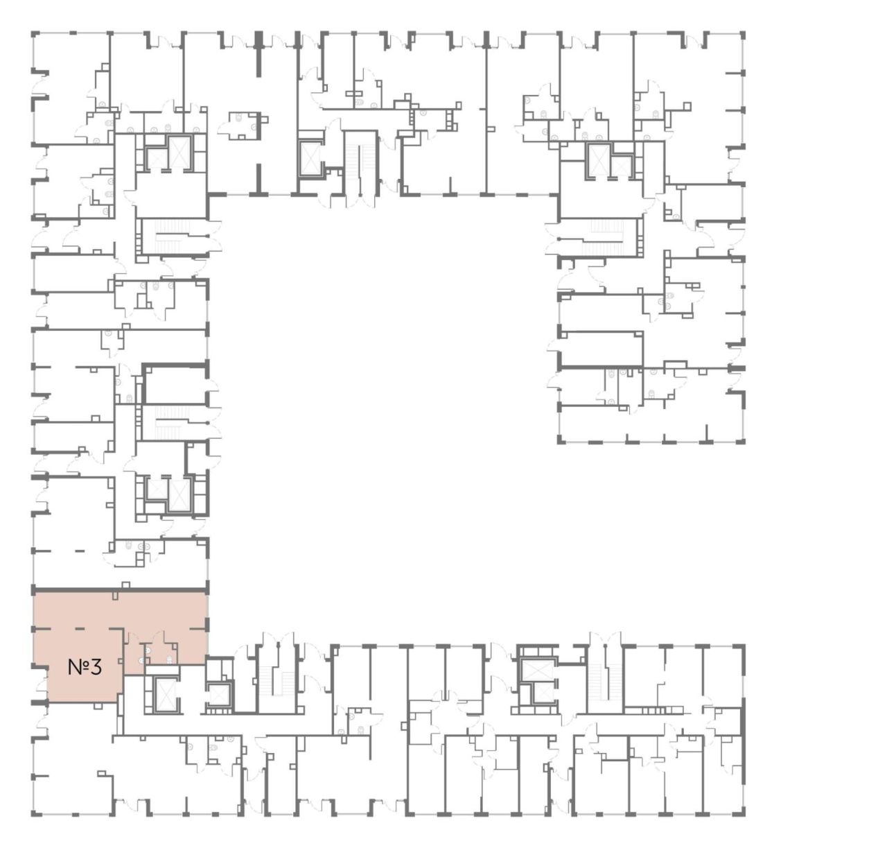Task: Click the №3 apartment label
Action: coord(85,667)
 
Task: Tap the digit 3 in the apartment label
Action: coord(96,667)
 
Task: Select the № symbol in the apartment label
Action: coord(78,667)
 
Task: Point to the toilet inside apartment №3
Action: coord(170,659)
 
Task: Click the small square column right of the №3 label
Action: coord(121,660)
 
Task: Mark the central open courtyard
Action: coord(383,410)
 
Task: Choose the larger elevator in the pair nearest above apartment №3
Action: coord(178,495)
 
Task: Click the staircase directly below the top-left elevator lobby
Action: coord(173,236)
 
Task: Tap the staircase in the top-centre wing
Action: coord(360,164)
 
